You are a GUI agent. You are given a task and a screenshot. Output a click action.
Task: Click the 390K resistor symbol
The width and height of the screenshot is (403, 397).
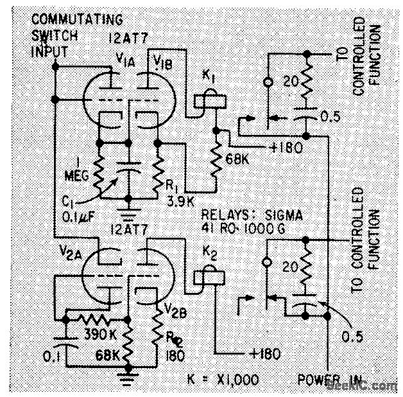pyautogui.click(x=93, y=319)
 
